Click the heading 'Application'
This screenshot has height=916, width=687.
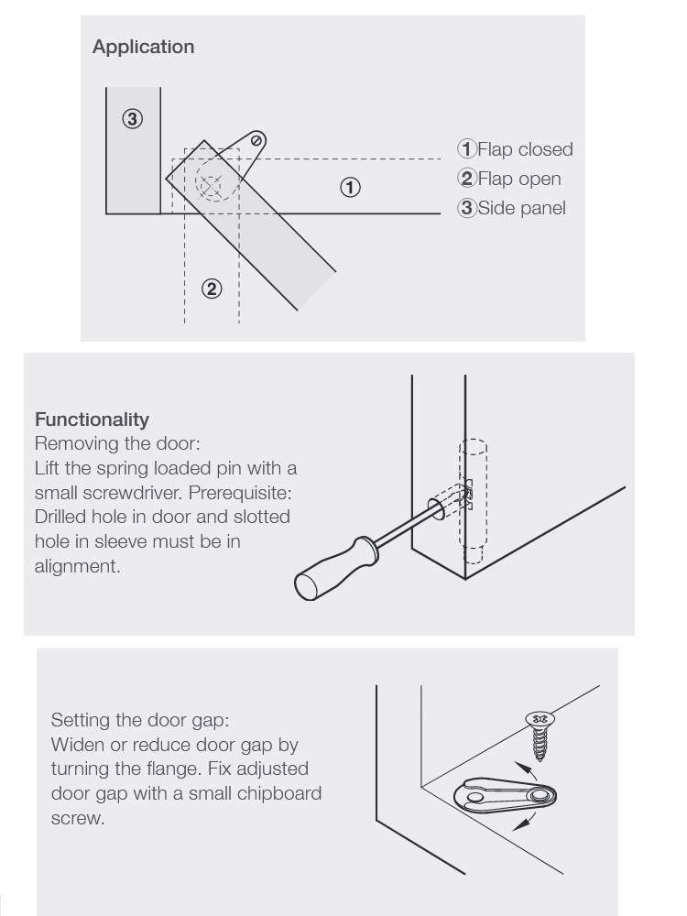143,47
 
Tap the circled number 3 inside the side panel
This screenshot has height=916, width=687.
133,119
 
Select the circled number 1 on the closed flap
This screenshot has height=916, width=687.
350,188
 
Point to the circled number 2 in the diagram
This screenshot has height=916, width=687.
211,289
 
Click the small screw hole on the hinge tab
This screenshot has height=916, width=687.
258,140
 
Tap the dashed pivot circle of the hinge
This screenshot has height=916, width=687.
210,186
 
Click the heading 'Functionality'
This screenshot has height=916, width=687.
92,420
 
